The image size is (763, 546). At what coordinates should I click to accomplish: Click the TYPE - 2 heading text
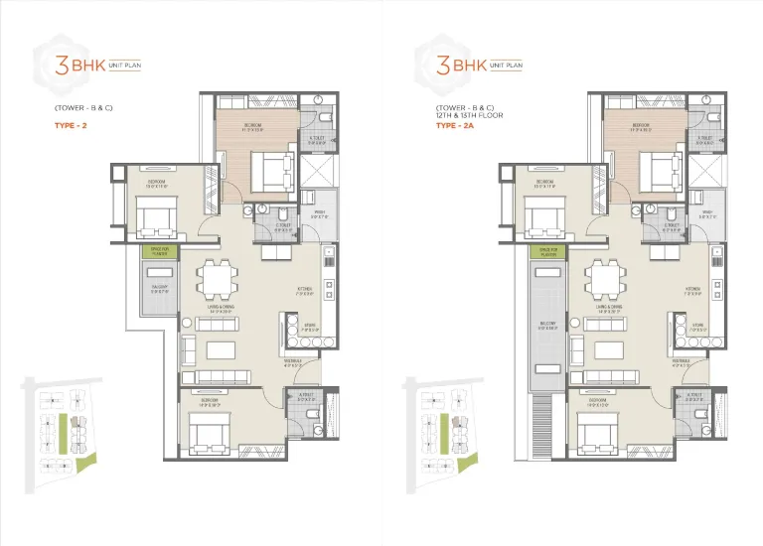68,125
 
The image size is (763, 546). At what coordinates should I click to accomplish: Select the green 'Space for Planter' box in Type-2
160,253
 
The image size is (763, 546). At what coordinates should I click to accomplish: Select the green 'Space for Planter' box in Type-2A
545,253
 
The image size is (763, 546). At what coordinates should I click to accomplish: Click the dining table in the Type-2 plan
216,279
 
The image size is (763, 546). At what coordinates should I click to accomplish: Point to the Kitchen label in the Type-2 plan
304,291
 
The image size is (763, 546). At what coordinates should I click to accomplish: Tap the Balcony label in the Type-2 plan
159,289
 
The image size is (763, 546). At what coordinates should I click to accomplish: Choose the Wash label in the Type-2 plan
320,212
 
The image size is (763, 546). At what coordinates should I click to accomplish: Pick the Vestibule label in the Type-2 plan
292,362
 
